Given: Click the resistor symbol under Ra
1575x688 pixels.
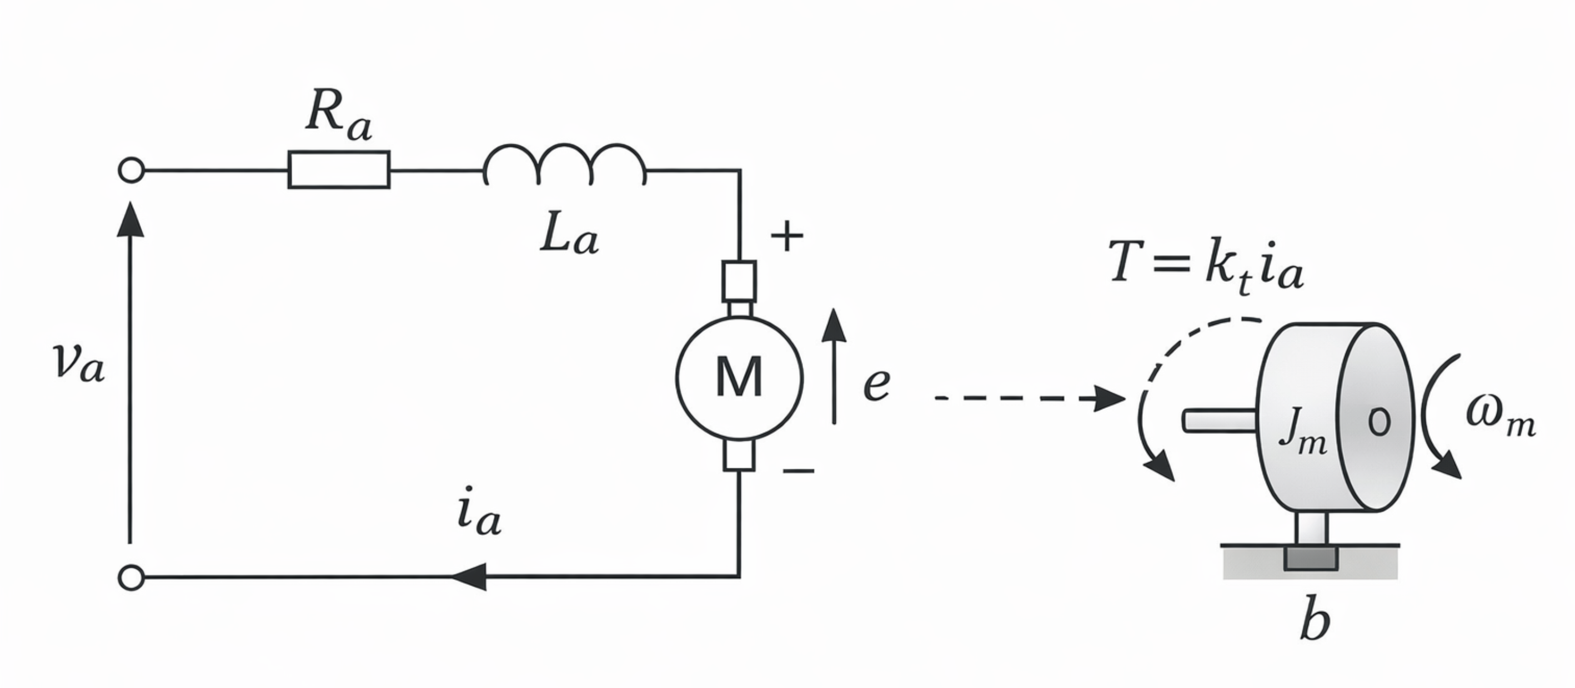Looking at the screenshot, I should coord(339,169).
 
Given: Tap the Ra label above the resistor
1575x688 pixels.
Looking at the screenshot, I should coord(338,115).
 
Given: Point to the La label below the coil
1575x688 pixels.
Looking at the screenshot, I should coord(569,234).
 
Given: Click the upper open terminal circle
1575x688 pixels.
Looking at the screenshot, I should coord(131,170).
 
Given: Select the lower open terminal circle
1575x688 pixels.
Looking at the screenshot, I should coord(131,577).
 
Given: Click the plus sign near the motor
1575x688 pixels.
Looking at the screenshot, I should coord(786,236).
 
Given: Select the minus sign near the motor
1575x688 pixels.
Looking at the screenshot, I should coord(798,471).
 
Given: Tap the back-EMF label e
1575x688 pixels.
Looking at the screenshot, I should coord(876,384).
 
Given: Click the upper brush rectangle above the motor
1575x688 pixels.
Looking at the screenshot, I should coord(739,281).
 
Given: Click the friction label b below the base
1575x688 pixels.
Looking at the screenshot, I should coord(1315,623).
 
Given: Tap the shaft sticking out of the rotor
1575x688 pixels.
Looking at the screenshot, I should coord(1219,421).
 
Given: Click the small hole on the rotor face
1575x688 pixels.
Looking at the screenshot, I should coord(1380,421).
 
